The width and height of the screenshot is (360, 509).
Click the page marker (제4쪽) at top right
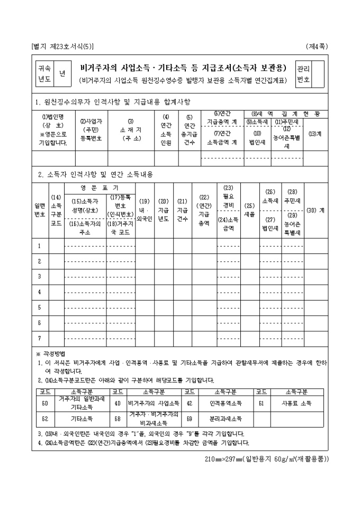(317, 46)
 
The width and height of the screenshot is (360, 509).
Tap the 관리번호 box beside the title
(303, 75)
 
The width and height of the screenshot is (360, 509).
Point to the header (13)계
(315, 134)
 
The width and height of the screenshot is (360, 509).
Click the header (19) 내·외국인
(145, 210)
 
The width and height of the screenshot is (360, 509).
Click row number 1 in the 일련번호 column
(40, 246)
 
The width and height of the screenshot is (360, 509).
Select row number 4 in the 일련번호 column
(40, 292)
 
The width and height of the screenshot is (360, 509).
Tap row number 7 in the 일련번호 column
(40, 337)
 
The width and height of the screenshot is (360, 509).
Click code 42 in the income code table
(189, 403)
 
